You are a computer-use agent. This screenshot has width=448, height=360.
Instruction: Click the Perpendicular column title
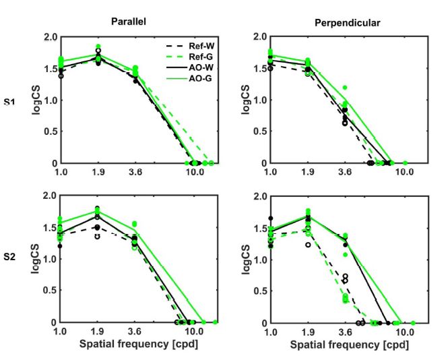click(341, 22)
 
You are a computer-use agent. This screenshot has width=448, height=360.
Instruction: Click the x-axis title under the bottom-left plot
click(130, 344)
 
